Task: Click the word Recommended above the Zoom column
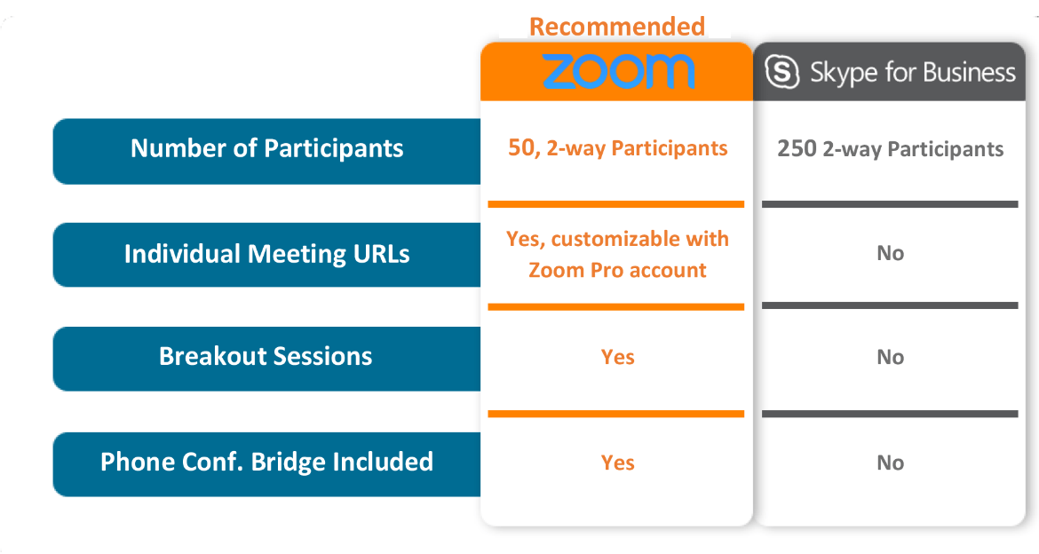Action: [x=616, y=26]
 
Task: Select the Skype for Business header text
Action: [x=912, y=73]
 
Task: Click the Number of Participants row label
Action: [x=266, y=148]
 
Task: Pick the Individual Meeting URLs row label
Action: [x=266, y=254]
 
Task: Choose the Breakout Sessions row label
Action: [x=266, y=357]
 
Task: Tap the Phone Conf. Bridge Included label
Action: [x=266, y=463]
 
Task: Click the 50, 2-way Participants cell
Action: [x=617, y=148]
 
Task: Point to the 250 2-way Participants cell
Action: [x=890, y=149]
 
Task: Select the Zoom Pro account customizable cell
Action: [x=617, y=254]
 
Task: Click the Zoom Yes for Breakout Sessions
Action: [x=617, y=358]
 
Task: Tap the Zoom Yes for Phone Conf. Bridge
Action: [x=617, y=463]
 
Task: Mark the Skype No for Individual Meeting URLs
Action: [x=890, y=254]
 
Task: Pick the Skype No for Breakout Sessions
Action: [x=890, y=358]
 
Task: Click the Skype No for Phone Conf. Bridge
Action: [x=890, y=463]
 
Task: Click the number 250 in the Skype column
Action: [x=797, y=149]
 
